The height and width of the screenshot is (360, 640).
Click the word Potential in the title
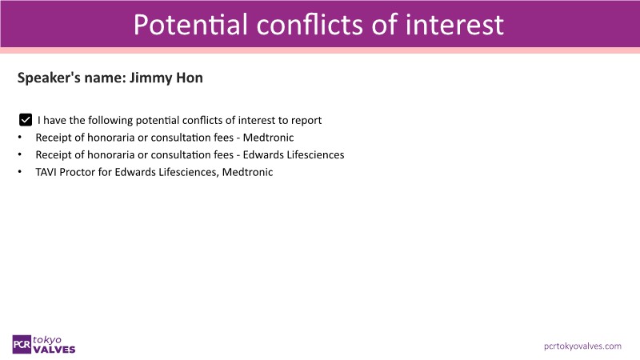[190, 25]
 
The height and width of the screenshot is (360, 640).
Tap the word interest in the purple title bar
[454, 25]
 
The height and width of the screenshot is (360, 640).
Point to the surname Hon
[190, 78]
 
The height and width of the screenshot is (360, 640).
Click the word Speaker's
[49, 78]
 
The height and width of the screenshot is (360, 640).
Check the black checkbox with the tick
[26, 120]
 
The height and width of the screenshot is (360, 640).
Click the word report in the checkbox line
[306, 121]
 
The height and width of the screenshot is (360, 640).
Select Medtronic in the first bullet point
[268, 138]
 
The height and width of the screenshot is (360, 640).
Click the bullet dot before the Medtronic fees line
[19, 138]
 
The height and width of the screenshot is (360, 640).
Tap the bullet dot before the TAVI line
[19, 172]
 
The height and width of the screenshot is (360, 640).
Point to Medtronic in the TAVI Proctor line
[247, 172]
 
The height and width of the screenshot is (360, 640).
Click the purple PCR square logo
[22, 345]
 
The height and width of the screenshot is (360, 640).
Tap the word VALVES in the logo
[54, 350]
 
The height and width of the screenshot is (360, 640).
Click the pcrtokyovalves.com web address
[582, 346]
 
